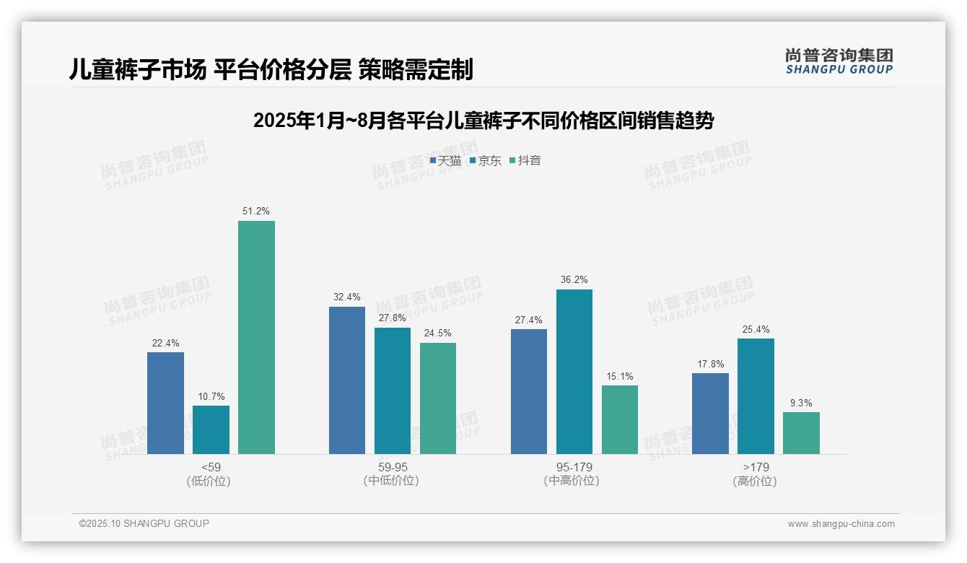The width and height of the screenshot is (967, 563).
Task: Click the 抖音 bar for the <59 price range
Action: (x=256, y=337)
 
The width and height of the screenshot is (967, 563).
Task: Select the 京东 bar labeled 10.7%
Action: (x=211, y=429)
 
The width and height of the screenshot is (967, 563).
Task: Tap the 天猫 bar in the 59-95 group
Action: (x=347, y=380)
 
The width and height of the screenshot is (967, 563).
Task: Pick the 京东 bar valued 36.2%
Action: (x=574, y=372)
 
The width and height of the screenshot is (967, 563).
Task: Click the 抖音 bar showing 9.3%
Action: (x=801, y=433)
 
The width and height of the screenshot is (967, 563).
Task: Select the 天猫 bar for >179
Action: (x=710, y=414)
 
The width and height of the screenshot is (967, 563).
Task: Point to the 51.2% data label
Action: (x=256, y=211)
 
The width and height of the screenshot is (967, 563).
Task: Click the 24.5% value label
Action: (x=438, y=333)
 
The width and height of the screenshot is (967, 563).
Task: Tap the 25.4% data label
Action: (x=756, y=329)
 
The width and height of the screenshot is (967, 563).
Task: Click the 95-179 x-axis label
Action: (x=574, y=467)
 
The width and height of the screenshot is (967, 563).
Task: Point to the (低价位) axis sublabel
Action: (x=209, y=481)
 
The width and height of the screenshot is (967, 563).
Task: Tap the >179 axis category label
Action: (x=755, y=467)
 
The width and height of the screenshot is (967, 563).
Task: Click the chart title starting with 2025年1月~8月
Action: (x=483, y=121)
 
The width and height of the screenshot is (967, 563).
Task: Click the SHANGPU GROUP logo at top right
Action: (x=839, y=61)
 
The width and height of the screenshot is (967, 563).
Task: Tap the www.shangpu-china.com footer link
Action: (x=841, y=523)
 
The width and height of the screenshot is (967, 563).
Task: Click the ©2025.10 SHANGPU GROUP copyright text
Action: (x=144, y=523)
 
